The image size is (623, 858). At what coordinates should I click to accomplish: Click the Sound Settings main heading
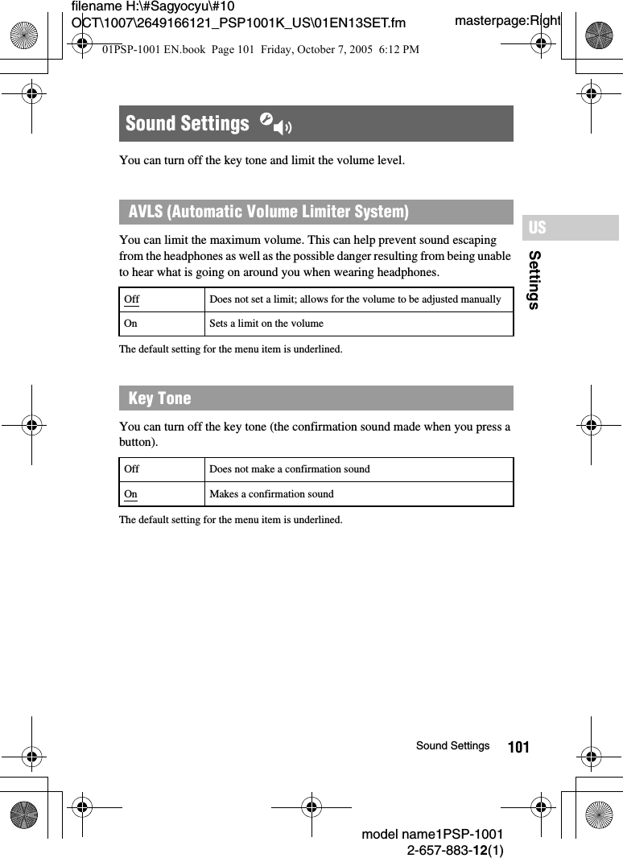(x=187, y=123)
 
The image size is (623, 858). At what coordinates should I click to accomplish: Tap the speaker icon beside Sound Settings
(x=275, y=124)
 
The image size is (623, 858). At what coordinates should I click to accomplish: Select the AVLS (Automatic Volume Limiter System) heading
(x=268, y=212)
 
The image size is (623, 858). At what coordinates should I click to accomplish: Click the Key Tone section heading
(x=159, y=398)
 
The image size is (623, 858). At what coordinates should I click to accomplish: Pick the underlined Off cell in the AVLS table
(x=131, y=299)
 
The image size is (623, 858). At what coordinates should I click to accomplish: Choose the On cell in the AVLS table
(x=130, y=324)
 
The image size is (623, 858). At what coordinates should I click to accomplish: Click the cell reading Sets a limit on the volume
(x=266, y=324)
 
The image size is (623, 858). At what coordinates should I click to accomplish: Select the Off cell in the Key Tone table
(x=131, y=469)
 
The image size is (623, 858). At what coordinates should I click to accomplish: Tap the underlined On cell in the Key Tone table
(x=130, y=493)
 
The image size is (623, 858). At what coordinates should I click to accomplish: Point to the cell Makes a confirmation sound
(x=271, y=493)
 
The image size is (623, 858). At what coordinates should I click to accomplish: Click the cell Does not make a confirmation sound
(x=290, y=469)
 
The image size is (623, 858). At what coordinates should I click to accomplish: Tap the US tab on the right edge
(x=538, y=228)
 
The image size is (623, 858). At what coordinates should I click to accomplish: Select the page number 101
(x=518, y=748)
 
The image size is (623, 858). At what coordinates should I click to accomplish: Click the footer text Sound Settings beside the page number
(x=452, y=746)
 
